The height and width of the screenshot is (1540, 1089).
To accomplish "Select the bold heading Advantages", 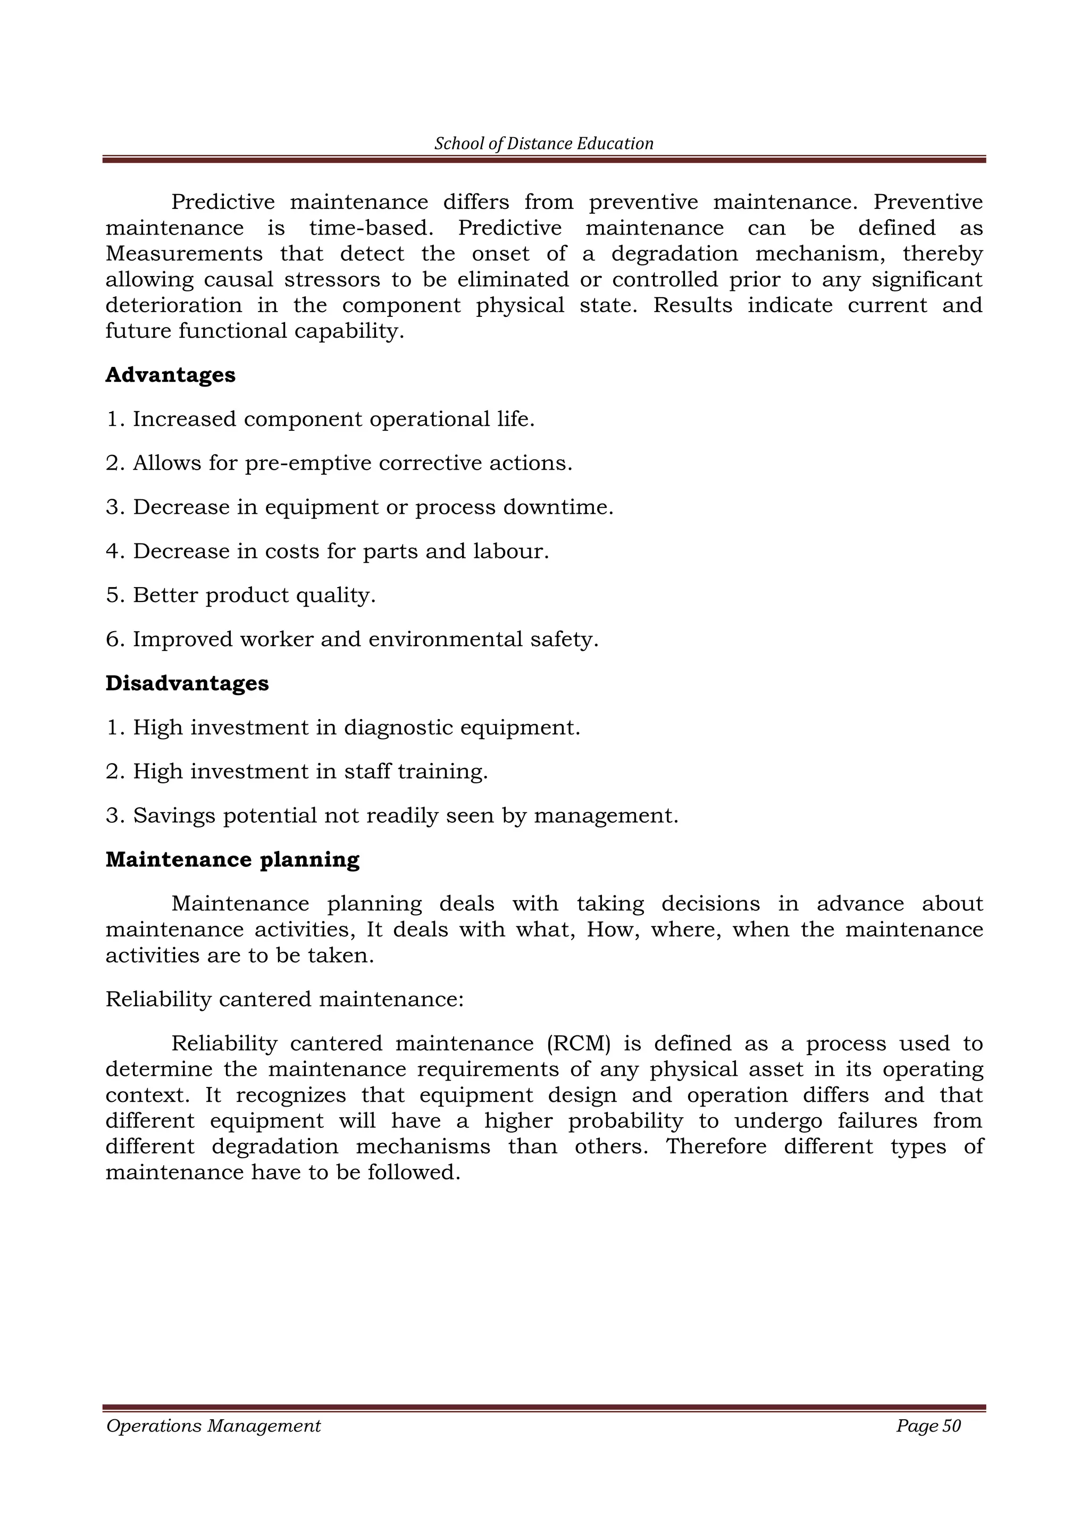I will (x=170, y=375).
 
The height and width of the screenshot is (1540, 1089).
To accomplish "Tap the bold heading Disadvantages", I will (x=187, y=683).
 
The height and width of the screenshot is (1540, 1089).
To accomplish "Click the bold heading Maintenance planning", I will (x=232, y=860).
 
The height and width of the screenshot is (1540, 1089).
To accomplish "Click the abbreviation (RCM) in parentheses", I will (x=579, y=1044).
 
